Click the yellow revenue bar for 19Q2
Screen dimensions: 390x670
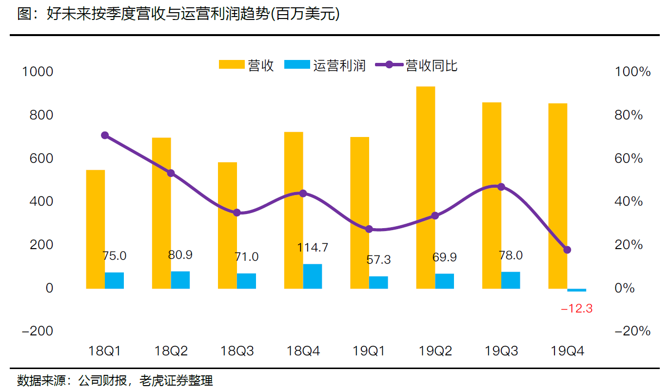(x=425, y=188)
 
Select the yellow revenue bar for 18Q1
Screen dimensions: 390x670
(x=95, y=229)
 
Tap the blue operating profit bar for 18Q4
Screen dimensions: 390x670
(x=313, y=276)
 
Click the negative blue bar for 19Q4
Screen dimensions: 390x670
(x=577, y=290)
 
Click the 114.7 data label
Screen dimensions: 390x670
(x=313, y=248)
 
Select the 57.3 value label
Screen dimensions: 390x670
(x=378, y=260)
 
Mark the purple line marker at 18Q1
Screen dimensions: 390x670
(x=105, y=136)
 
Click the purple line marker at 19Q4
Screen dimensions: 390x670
(x=567, y=250)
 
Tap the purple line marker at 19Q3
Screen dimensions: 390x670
(x=501, y=187)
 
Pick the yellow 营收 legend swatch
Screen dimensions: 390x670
(x=231, y=65)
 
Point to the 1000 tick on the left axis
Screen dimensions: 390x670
(x=38, y=72)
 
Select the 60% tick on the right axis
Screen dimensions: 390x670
(x=629, y=158)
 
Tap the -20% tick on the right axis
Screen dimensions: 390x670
(x=632, y=331)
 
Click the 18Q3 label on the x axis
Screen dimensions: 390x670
(x=237, y=351)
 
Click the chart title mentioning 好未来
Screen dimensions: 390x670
(x=178, y=15)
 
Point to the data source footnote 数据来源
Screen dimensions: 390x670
(x=115, y=380)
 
